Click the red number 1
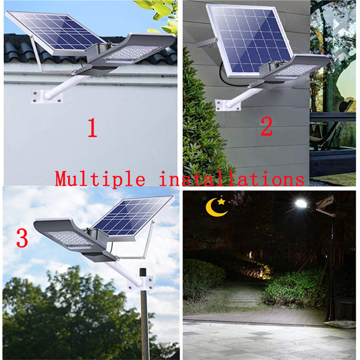click(92, 128)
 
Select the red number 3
click(22, 239)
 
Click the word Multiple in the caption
click(100, 179)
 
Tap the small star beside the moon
click(221, 201)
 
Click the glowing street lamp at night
click(301, 204)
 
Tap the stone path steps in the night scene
click(246, 297)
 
